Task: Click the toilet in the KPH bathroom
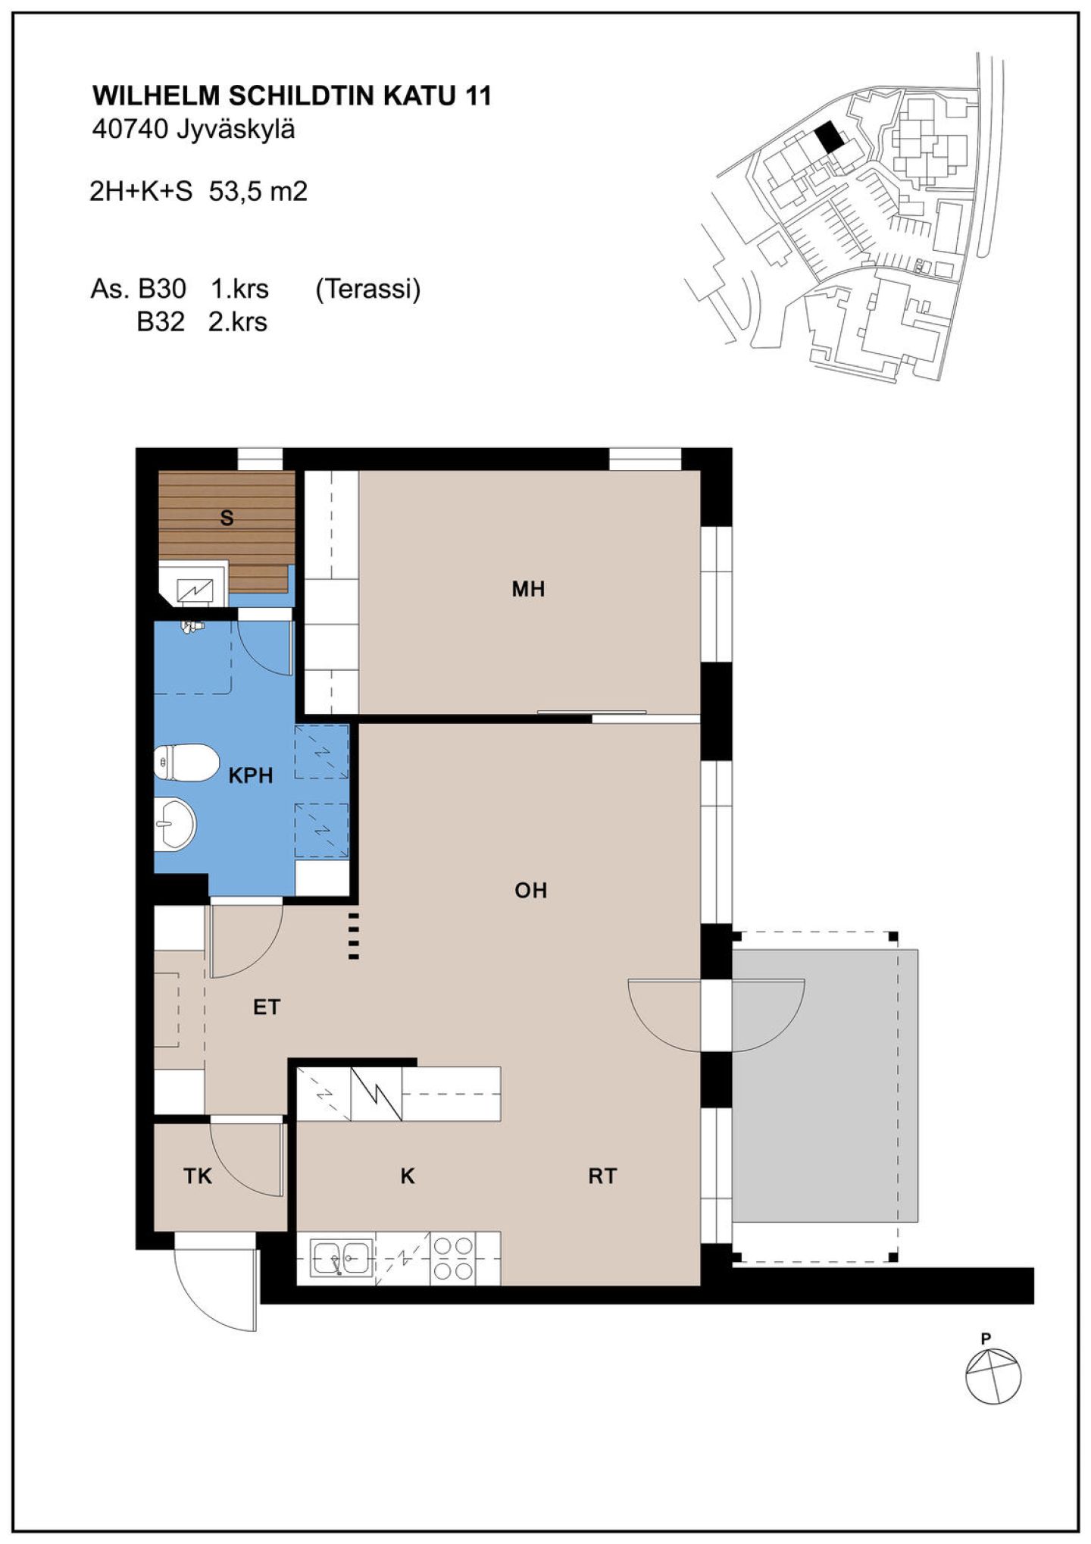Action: pyautogui.click(x=186, y=762)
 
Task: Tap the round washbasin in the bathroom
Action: pyautogui.click(x=176, y=823)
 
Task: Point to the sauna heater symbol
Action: pyautogui.click(x=194, y=588)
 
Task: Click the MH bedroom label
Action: pyautogui.click(x=528, y=589)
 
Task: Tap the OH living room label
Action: pyautogui.click(x=530, y=890)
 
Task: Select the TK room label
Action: pyautogui.click(x=198, y=1176)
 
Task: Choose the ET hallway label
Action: pyautogui.click(x=267, y=1007)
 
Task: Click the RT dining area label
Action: pyautogui.click(x=602, y=1176)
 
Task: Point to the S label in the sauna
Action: pyautogui.click(x=227, y=518)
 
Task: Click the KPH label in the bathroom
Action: pyautogui.click(x=251, y=775)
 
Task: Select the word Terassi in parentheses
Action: pyautogui.click(x=367, y=290)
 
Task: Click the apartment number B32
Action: pyautogui.click(x=161, y=322)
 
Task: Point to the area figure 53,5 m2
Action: pyautogui.click(x=258, y=192)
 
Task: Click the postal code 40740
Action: pyautogui.click(x=129, y=130)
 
